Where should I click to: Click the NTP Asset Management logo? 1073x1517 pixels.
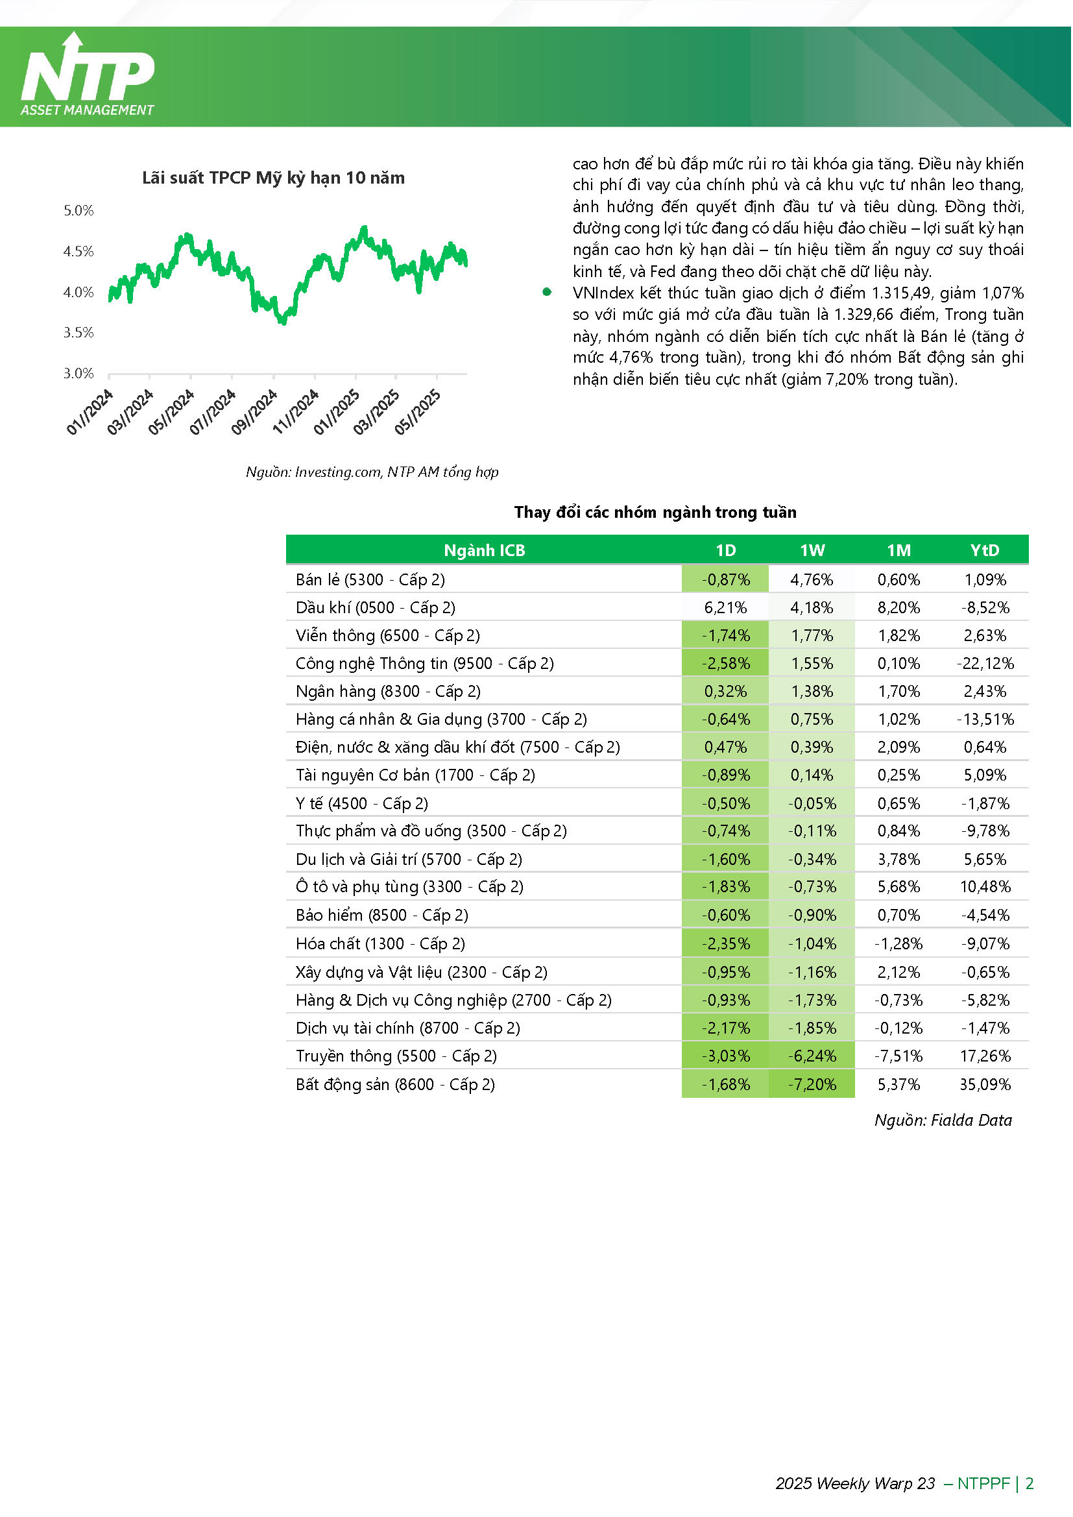(87, 75)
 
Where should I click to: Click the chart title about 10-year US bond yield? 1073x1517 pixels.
(274, 178)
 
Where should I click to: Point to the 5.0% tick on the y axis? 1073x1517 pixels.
(78, 211)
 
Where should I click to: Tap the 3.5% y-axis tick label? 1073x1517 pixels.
(78, 332)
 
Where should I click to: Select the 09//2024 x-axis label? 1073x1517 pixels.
(254, 412)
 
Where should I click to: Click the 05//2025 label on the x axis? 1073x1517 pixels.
(418, 412)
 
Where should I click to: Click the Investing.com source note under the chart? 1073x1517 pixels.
(372, 472)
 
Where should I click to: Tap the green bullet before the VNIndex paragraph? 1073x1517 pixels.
(547, 292)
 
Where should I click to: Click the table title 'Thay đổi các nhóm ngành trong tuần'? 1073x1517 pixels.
(656, 513)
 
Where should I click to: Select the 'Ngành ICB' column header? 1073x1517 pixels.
(485, 550)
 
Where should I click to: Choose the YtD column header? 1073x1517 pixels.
(985, 550)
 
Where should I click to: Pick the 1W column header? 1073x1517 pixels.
(813, 550)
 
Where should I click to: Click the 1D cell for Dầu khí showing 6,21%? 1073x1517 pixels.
(726, 608)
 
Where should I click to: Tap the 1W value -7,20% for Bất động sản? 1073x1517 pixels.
(813, 1085)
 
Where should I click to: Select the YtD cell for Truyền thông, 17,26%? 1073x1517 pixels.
(986, 1056)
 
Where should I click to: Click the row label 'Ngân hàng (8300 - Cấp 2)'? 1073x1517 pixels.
(389, 692)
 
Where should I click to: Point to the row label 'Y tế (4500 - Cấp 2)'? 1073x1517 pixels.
(362, 804)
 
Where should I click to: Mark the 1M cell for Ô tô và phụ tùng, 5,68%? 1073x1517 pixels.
(899, 888)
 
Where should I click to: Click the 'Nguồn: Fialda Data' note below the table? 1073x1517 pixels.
(944, 1121)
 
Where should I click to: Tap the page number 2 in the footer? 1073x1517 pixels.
(1030, 1484)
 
